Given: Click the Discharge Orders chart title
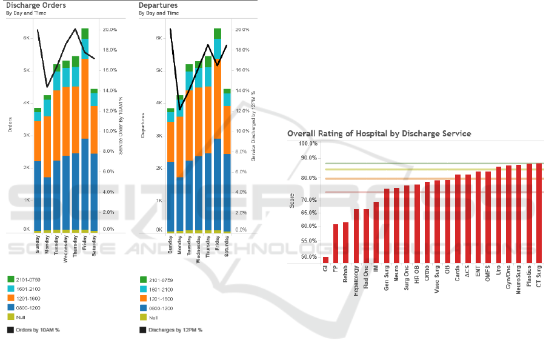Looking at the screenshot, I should tap(36, 5).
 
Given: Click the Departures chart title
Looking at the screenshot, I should tap(158, 5).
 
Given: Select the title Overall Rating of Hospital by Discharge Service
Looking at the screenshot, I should tap(379, 133).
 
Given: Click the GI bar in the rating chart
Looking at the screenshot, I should tap(325, 260).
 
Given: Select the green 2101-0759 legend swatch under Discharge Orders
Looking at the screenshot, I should tap(10, 279).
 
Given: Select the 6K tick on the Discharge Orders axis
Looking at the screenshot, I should tap(26, 38).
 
